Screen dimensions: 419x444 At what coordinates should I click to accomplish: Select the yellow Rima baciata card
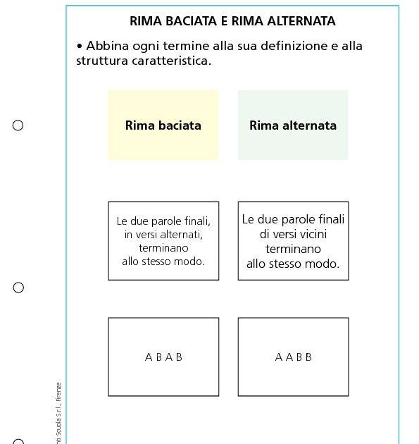coord(163,125)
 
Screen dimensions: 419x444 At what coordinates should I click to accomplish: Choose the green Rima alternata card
coord(293,125)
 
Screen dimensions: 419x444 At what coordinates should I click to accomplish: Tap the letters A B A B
coord(163,357)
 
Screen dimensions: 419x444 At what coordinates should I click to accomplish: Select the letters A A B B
coord(293,357)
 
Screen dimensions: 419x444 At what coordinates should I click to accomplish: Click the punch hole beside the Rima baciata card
coord(18,125)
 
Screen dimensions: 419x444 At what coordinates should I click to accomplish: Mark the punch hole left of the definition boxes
coord(18,288)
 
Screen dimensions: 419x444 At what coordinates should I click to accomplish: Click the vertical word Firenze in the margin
coord(59,391)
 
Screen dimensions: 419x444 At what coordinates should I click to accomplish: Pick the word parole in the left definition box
coord(165,221)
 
